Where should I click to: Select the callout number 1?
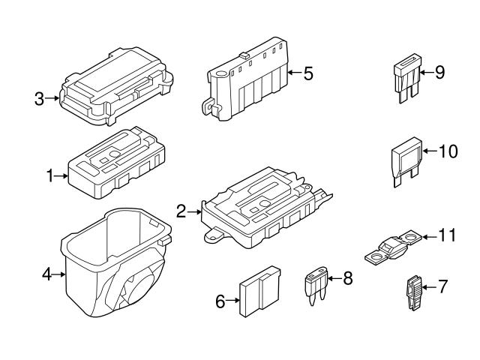pyautogui.click(x=50, y=177)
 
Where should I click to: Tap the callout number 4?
pyautogui.click(x=46, y=275)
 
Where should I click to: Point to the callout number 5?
pyautogui.click(x=308, y=73)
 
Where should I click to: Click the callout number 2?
pyautogui.click(x=181, y=211)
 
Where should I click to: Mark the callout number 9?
pyautogui.click(x=439, y=72)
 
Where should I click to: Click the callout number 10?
pyautogui.click(x=448, y=151)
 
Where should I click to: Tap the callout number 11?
pyautogui.click(x=447, y=235)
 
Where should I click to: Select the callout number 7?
pyautogui.click(x=442, y=286)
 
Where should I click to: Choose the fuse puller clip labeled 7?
pyautogui.click(x=414, y=294)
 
